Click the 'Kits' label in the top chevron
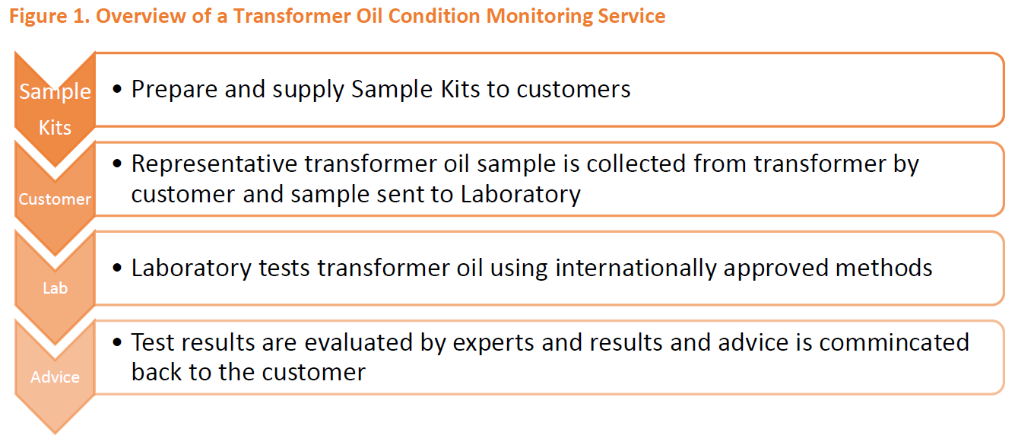pyautogui.click(x=55, y=128)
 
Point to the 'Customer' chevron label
pyautogui.click(x=55, y=199)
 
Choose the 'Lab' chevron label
pyautogui.click(x=56, y=288)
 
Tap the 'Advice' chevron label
pyautogui.click(x=55, y=377)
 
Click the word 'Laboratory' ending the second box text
pyautogui.click(x=521, y=195)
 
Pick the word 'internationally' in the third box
pyautogui.click(x=636, y=269)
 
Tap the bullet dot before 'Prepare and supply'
pyautogui.click(x=117, y=89)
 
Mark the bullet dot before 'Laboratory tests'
pyautogui.click(x=117, y=268)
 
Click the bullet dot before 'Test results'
pyautogui.click(x=117, y=342)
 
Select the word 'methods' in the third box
pyautogui.click(x=883, y=268)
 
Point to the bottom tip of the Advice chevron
pyautogui.click(x=55, y=434)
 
